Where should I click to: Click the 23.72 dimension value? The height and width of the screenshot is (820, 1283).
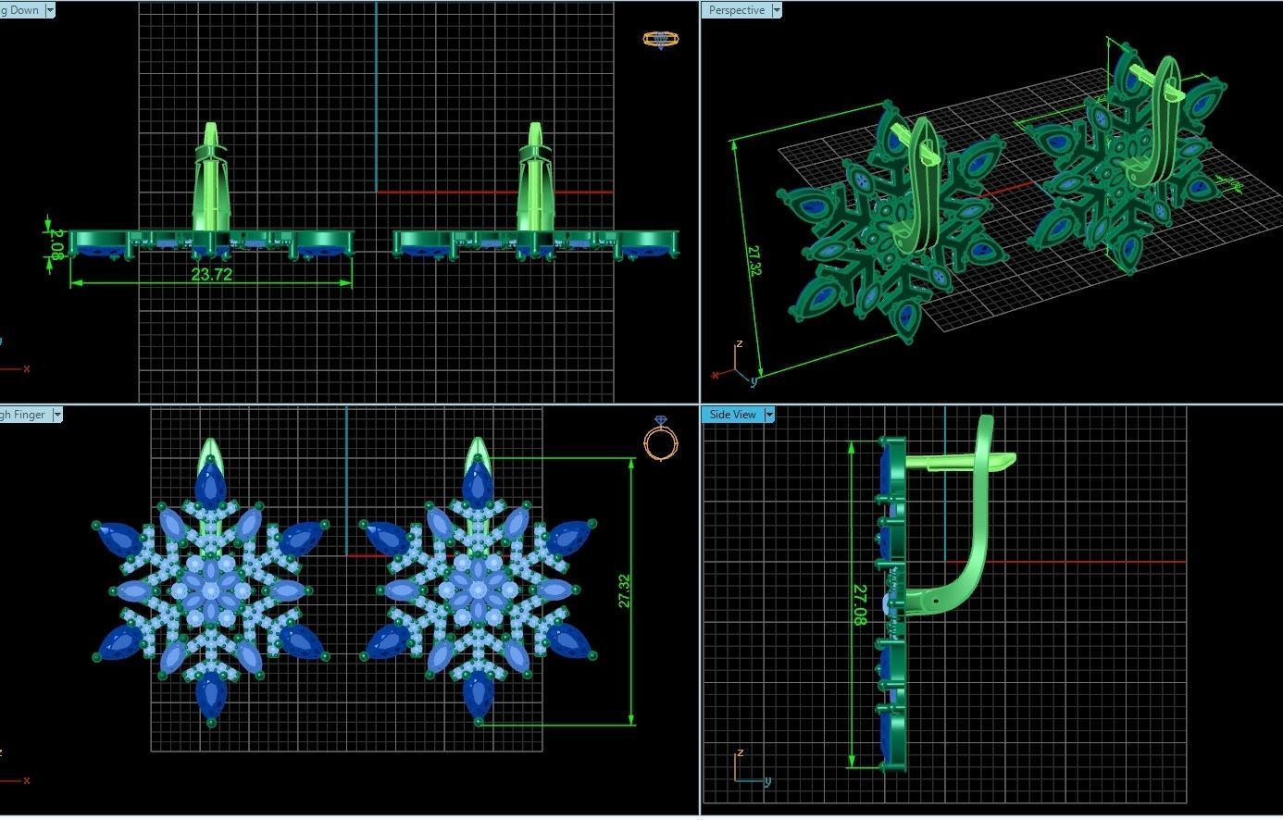pos(211,275)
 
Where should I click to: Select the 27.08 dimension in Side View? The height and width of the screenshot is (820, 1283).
pos(860,604)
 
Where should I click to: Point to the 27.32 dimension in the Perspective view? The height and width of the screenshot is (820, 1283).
pos(753,260)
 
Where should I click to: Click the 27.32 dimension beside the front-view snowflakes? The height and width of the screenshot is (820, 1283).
pos(623,591)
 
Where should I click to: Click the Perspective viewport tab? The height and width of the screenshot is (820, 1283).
pos(737,10)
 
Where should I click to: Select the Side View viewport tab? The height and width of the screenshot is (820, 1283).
pos(732,415)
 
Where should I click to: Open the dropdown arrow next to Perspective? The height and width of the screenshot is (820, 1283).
pos(777,10)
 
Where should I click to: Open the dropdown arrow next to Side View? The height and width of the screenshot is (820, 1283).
pos(769,415)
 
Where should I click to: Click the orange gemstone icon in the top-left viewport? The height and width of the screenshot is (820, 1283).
pos(660,40)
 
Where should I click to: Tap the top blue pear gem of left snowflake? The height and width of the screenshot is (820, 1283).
pos(211,483)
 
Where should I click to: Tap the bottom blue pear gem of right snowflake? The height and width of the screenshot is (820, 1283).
pos(478,694)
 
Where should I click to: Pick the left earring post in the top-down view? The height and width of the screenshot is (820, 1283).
pos(211,180)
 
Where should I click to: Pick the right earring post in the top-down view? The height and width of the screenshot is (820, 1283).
pos(535,180)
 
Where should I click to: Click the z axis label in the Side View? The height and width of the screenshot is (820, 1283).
pos(740,752)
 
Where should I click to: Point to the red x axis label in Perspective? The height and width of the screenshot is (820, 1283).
pos(715,375)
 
